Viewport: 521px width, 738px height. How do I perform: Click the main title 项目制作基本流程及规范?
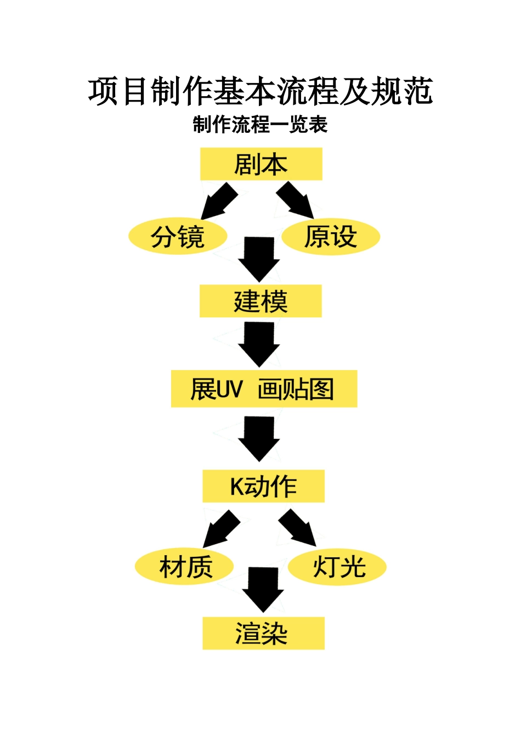point(260,91)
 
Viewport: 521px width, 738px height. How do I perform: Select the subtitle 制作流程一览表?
point(260,125)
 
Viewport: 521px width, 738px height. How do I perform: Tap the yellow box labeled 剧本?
point(261,164)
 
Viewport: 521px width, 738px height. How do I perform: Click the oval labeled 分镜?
point(178,237)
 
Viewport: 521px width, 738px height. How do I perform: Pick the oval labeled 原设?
point(331,237)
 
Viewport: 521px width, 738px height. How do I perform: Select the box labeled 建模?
point(260,301)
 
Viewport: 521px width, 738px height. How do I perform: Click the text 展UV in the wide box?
point(216,389)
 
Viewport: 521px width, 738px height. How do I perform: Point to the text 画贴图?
point(296,389)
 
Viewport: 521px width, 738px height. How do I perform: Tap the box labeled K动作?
point(263,486)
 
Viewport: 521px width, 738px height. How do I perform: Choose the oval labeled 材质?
point(185,567)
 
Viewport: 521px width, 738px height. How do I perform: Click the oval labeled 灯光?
point(337,567)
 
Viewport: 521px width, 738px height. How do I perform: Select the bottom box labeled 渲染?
point(263,633)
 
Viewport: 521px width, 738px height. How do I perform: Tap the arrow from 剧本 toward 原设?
point(296,201)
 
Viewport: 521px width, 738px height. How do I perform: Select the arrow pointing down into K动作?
point(259,438)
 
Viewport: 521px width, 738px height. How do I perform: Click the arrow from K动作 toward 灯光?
point(298,528)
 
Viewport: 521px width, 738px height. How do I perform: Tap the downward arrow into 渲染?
point(263,589)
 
